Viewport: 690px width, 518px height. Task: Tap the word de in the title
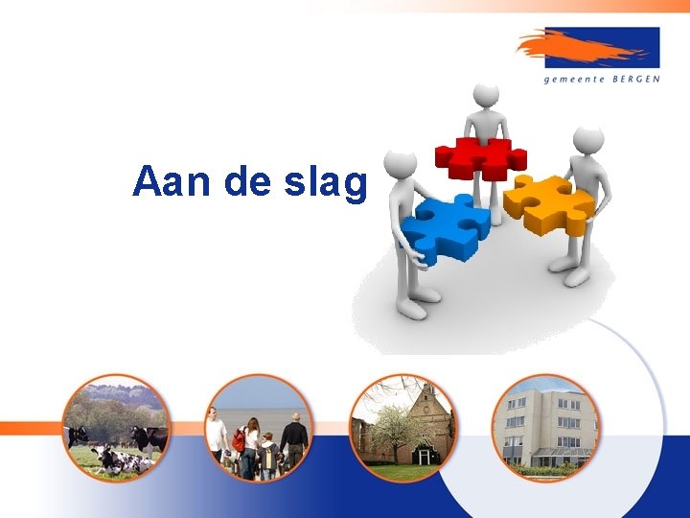pyautogui.click(x=248, y=181)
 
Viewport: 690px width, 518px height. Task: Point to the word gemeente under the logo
pyautogui.click(x=575, y=80)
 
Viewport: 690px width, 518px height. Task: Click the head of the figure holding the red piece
pyautogui.click(x=487, y=96)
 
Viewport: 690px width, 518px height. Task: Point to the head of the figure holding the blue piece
pyautogui.click(x=401, y=164)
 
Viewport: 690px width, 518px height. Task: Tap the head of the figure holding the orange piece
pyautogui.click(x=587, y=138)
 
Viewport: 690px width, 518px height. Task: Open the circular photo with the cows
pyautogui.click(x=116, y=428)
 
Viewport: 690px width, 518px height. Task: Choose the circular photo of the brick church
pyautogui.click(x=402, y=428)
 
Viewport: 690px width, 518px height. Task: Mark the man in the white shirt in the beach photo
pyautogui.click(x=217, y=437)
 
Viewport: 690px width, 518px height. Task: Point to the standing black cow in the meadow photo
pyautogui.click(x=149, y=439)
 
